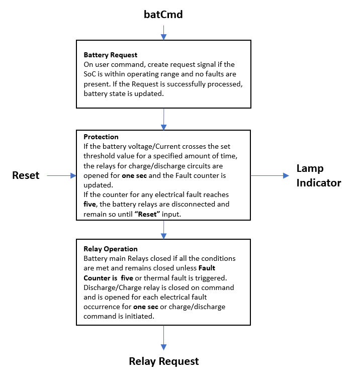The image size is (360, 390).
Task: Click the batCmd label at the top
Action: point(163,15)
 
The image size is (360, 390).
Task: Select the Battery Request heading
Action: point(110,55)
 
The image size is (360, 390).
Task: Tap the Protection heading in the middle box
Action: point(101,137)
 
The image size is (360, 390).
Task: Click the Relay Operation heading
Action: point(110,249)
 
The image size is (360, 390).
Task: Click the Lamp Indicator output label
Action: point(318,175)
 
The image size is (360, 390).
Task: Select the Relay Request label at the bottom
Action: point(164,361)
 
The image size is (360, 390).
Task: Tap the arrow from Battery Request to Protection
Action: point(163,119)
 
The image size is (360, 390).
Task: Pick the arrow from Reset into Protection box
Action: point(61,175)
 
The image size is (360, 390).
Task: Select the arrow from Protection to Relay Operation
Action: point(163,229)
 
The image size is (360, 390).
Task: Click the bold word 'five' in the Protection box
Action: point(91,204)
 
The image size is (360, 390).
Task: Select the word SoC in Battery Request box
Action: point(90,74)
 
